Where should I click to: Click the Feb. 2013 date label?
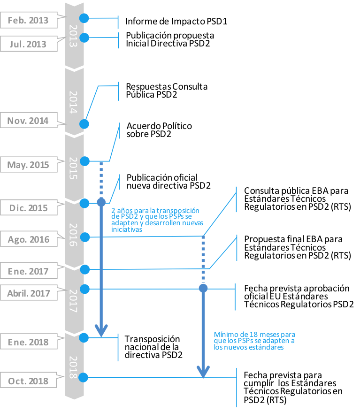tap(28, 21)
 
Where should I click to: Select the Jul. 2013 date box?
tap(28, 44)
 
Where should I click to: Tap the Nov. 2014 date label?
tap(28, 121)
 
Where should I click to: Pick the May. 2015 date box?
tap(28, 165)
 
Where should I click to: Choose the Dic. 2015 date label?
tap(28, 208)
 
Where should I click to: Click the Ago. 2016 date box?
tap(28, 239)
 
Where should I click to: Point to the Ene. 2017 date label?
tap(28, 271)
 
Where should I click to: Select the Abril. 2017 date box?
tap(28, 294)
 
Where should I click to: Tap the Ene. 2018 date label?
tap(28, 342)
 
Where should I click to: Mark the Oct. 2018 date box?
tap(28, 381)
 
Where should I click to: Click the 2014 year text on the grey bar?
tap(74, 102)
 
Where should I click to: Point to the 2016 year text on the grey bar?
tap(74, 235)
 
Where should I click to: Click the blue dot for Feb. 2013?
tap(84, 18)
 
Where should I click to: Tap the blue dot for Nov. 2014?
tap(84, 124)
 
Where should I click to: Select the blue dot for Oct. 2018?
tap(84, 377)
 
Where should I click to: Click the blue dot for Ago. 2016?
tap(85, 237)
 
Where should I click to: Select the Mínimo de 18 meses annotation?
tap(254, 341)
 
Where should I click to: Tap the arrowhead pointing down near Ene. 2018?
tap(101, 330)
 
